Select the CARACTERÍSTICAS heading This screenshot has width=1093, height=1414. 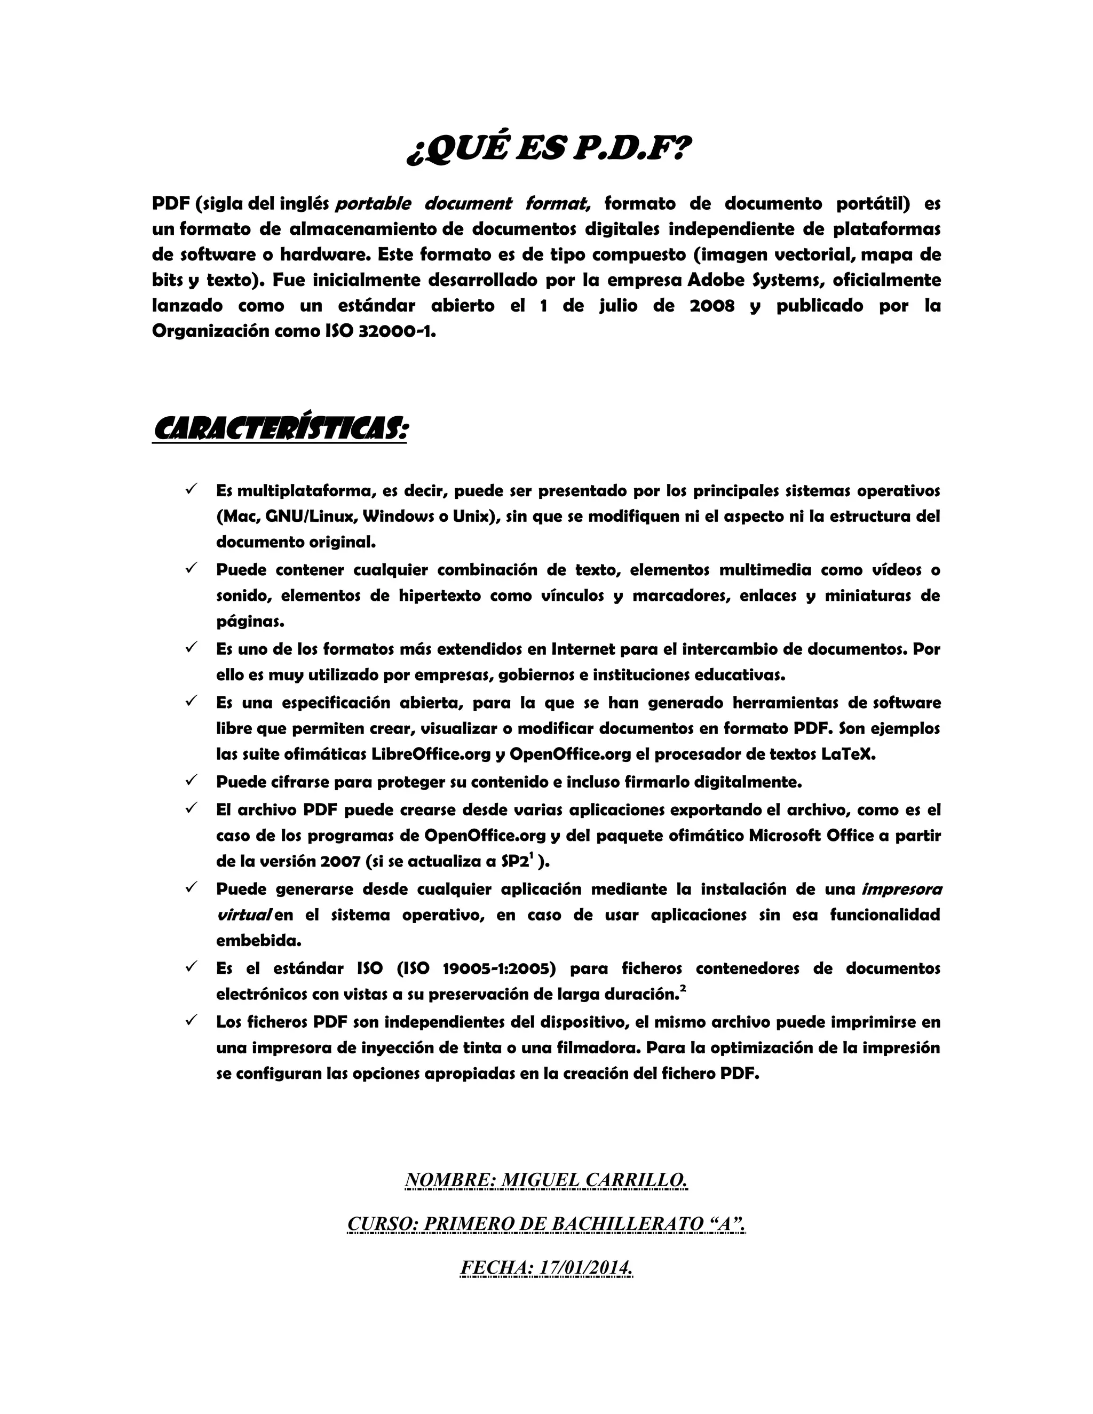click(280, 428)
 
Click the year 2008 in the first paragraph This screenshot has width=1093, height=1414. click(712, 306)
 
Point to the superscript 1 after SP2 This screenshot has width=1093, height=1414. click(531, 856)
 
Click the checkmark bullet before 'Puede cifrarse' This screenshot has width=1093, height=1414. click(191, 780)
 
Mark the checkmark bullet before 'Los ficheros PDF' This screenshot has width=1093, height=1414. click(191, 1020)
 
